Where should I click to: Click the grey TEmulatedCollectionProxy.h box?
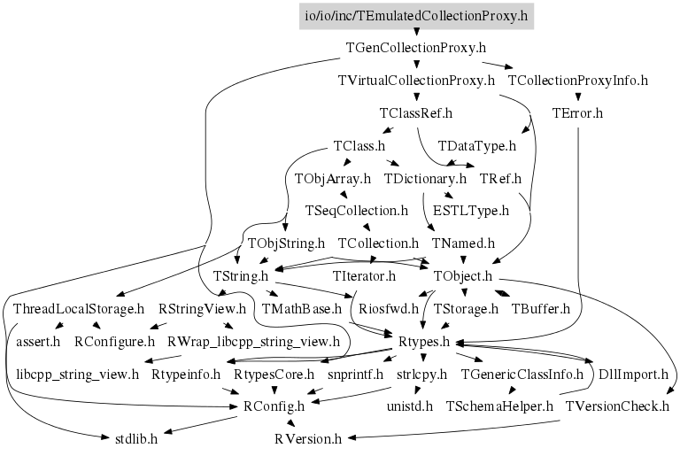415,15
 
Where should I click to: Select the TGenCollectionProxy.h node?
415,48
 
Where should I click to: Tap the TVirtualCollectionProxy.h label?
416,81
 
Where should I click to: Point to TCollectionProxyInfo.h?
578,81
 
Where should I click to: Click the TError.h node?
577,113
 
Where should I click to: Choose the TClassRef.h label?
415,113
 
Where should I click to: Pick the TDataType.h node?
477,146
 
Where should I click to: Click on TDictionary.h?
425,179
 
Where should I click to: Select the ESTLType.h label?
471,211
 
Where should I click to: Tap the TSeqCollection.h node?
356,211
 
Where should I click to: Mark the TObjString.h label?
286,243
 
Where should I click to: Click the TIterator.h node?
364,276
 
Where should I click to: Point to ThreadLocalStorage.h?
79,309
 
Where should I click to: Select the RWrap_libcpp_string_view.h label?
253,341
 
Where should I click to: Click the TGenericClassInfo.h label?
522,374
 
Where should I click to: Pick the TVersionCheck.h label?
616,406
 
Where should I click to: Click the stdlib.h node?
136,438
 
